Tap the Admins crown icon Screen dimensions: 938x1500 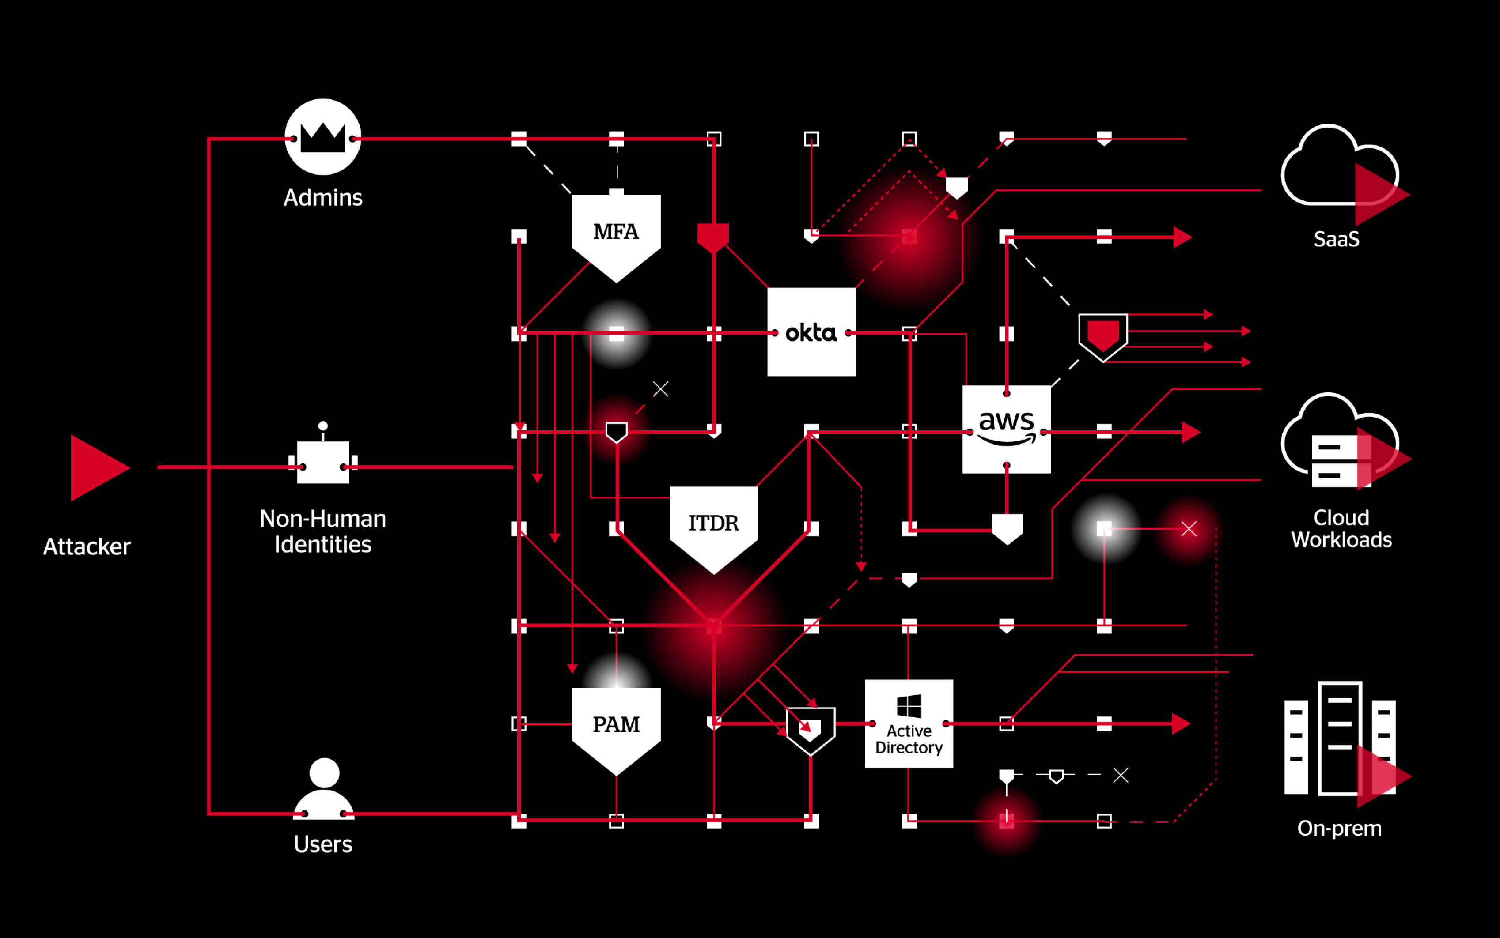coord(323,137)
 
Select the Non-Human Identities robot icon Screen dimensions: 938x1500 coord(323,461)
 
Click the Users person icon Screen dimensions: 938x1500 coord(324,788)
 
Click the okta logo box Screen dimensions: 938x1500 coord(811,332)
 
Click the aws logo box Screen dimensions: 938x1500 coord(1006,429)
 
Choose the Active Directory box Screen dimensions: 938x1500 coord(909,723)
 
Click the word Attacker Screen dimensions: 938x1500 coord(87,546)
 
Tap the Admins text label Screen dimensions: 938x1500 coord(323,197)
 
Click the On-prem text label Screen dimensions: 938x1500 coord(1339,828)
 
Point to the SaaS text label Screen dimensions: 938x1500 coord(1336,239)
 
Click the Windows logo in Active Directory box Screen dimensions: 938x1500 coord(909,706)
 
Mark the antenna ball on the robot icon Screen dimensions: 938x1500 coord(323,426)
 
